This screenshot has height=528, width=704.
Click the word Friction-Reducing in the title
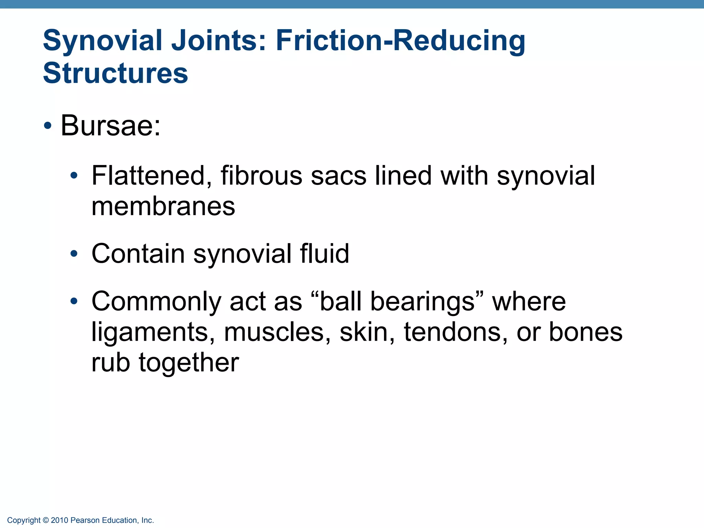point(400,41)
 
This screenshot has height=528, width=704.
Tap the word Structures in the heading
point(115,73)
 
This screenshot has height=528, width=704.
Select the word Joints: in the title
point(219,41)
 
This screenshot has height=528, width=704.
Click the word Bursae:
point(110,126)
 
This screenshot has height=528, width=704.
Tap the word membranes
point(163,207)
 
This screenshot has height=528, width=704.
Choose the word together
point(189,363)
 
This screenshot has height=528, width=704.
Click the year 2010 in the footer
point(59,520)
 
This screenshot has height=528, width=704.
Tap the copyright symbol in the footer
point(46,520)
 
